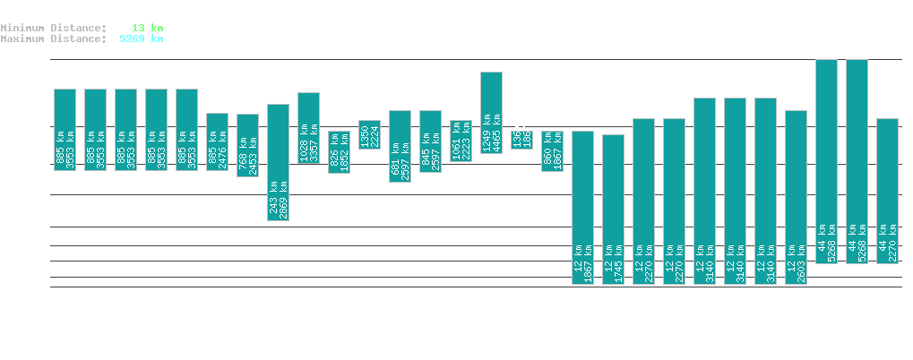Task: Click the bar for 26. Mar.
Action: point(278,162)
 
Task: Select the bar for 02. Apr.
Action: point(491,112)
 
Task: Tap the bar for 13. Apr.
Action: point(826,161)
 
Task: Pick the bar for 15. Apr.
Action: point(887,191)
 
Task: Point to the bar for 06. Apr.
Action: point(613,210)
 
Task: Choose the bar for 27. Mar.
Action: point(308,128)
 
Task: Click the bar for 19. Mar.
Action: point(65,130)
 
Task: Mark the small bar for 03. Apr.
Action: point(521,140)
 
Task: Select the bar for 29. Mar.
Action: point(369,134)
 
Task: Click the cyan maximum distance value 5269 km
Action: point(141,39)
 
